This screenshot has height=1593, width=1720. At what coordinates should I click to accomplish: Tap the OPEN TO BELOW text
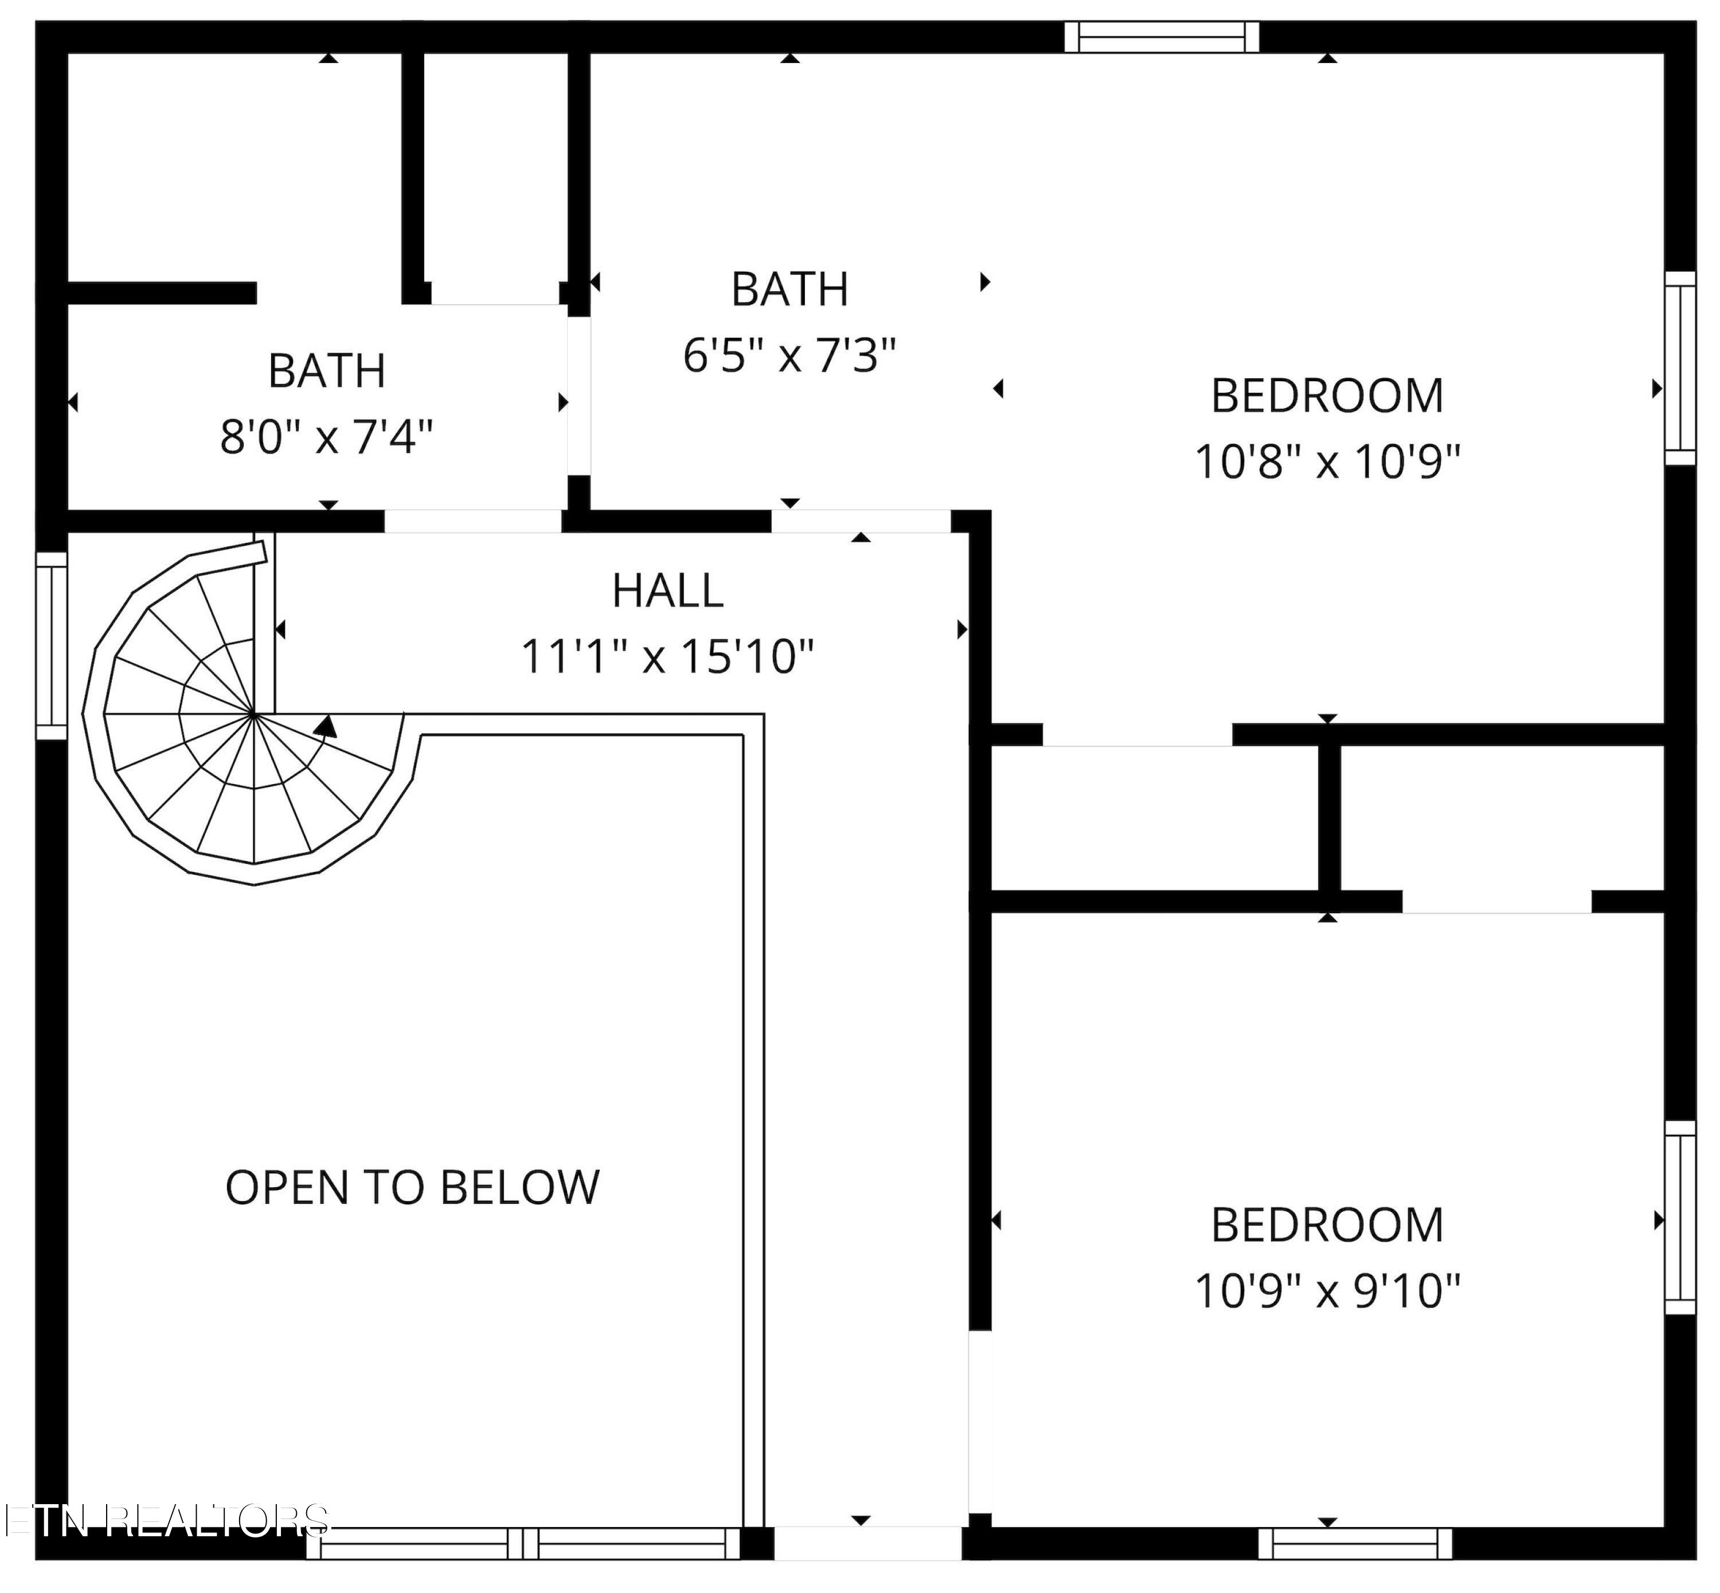tap(412, 1187)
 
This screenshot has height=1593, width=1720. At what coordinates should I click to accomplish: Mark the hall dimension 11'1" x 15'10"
tap(667, 657)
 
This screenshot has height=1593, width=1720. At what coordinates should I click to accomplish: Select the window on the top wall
tap(1162, 37)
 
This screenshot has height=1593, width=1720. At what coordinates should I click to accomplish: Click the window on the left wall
tap(52, 645)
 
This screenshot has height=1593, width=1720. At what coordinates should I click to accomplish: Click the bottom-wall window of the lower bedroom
tap(1355, 1568)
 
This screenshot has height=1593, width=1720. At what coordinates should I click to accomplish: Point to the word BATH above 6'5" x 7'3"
tap(789, 289)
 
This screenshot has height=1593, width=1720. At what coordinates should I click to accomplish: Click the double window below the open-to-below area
tap(523, 1568)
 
